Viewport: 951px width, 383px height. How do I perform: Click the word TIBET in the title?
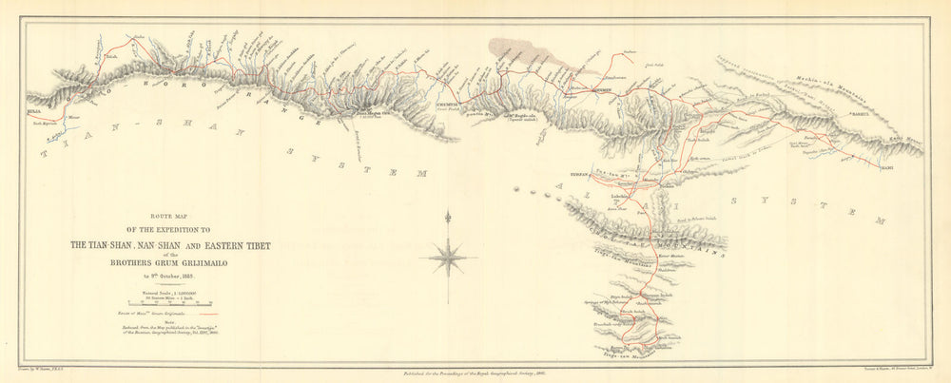(x=250, y=245)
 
